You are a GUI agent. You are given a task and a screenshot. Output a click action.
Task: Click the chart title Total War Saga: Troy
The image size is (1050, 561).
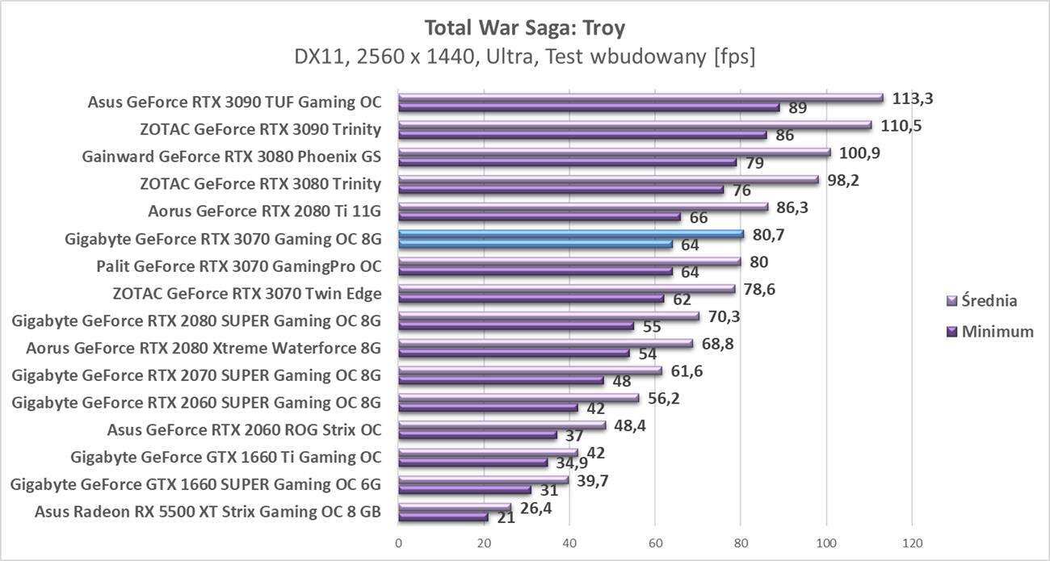click(x=524, y=28)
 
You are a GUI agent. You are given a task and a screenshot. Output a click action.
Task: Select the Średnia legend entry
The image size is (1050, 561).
click(x=986, y=301)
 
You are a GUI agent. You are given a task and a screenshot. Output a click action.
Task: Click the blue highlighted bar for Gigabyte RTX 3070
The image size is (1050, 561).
click(x=570, y=234)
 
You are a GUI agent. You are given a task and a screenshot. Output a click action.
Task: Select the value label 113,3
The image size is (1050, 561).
click(x=913, y=98)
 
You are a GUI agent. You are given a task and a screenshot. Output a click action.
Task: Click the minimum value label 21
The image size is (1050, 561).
click(x=506, y=517)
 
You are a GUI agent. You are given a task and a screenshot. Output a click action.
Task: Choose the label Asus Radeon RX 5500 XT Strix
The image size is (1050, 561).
click(x=208, y=511)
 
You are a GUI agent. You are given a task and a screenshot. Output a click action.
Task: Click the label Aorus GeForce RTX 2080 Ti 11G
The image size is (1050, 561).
click(x=264, y=211)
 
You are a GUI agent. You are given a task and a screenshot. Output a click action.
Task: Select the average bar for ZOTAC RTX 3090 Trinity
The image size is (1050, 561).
click(x=635, y=125)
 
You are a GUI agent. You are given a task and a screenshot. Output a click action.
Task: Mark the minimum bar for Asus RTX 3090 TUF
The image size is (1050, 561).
click(x=589, y=107)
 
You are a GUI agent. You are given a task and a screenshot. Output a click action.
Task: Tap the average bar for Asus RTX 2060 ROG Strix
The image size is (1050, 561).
click(x=502, y=425)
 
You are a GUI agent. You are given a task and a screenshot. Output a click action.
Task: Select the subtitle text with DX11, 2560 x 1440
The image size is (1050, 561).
click(x=524, y=57)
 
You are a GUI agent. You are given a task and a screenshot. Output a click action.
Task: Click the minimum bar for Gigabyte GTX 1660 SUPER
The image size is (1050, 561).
click(x=464, y=490)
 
